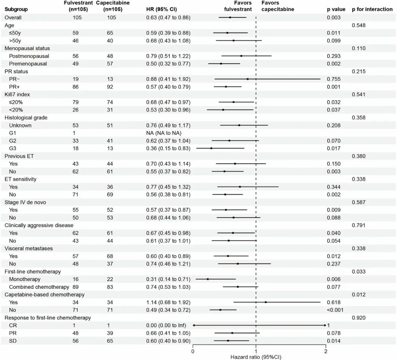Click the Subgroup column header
click(16, 9)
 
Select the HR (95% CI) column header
click(161, 9)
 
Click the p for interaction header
click(372, 9)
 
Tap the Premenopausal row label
click(28, 64)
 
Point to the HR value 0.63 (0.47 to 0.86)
click(168, 18)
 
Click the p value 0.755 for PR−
click(334, 79)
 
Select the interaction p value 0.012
click(359, 295)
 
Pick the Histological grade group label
click(26, 118)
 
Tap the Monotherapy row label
click(25, 279)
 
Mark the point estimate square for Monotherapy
click(208, 279)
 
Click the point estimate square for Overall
click(230, 18)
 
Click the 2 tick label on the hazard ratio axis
click(326, 351)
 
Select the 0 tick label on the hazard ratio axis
click(193, 351)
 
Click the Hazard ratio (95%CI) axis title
click(256, 357)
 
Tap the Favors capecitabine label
click(278, 6)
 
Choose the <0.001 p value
click(335, 310)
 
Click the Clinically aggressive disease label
click(39, 226)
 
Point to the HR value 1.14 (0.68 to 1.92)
click(168, 302)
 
